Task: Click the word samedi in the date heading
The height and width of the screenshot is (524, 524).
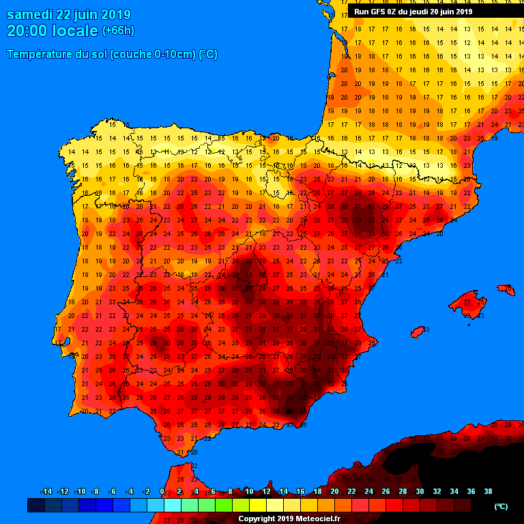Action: tap(31, 15)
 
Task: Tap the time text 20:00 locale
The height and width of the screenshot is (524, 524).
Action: tap(52, 31)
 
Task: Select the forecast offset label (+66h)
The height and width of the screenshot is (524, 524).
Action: tap(118, 31)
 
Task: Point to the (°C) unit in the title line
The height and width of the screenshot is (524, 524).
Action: tap(208, 55)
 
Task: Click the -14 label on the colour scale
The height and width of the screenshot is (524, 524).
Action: tap(46, 491)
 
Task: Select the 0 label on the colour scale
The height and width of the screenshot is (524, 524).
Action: tap(162, 491)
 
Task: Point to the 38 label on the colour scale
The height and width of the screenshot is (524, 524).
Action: tap(488, 491)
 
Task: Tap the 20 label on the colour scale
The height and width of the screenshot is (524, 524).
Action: tap(334, 491)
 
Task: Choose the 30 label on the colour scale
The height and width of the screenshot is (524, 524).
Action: tap(420, 491)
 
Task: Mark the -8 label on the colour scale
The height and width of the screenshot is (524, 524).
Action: tap(96, 491)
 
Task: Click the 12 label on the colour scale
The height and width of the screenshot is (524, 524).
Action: tap(266, 491)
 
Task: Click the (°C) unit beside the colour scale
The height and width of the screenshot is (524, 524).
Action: tap(501, 506)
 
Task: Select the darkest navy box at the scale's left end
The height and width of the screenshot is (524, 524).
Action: tap(36, 506)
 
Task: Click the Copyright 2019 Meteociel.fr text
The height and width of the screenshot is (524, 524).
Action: tap(289, 519)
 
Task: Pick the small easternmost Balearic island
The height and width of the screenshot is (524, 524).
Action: tap(506, 290)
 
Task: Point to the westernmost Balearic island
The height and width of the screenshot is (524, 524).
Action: tap(418, 332)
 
